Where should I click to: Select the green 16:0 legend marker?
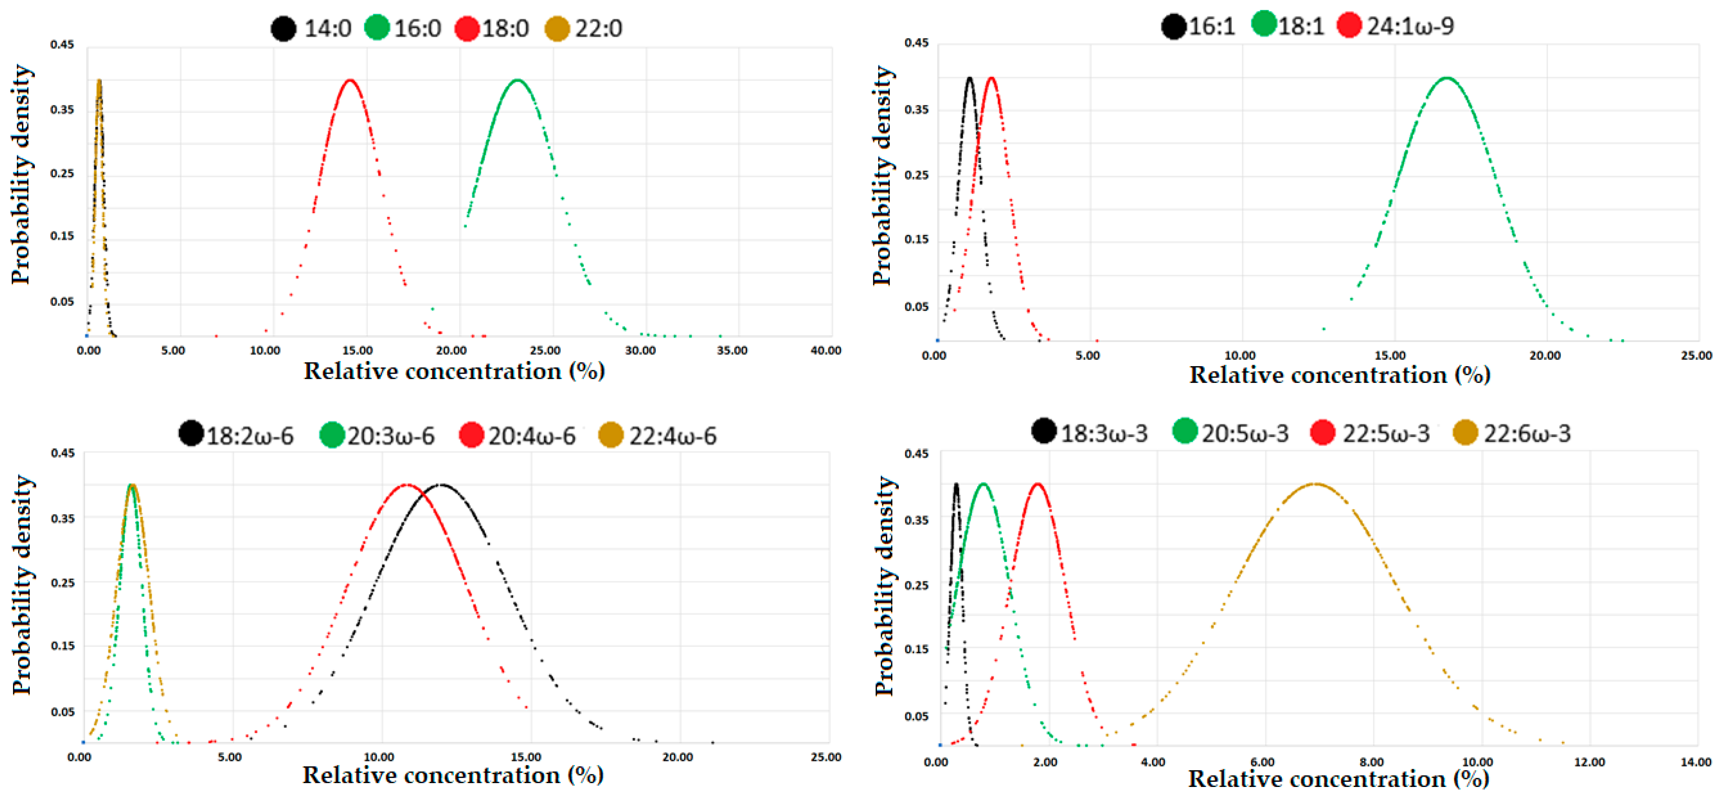click(x=377, y=28)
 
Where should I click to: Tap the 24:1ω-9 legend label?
click(x=1410, y=26)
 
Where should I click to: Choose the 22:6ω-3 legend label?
click(x=1527, y=434)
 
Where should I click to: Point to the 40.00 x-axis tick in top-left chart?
click(x=826, y=351)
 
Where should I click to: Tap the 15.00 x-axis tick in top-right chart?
click(x=1391, y=355)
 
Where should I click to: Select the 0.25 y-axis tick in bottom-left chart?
click(x=63, y=582)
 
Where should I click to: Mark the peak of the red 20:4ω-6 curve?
click(x=406, y=485)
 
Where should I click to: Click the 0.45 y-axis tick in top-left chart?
click(x=62, y=45)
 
